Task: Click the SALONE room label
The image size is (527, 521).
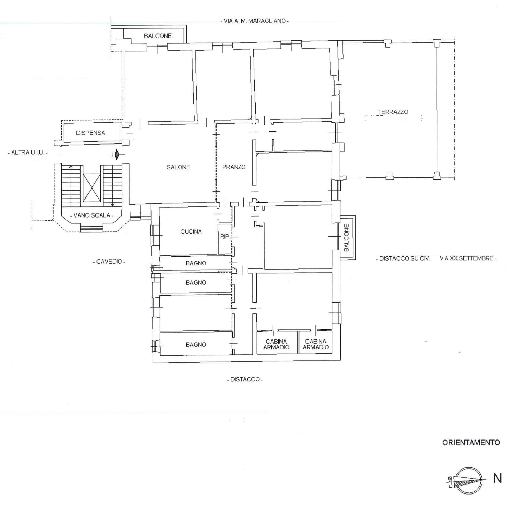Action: pyautogui.click(x=178, y=167)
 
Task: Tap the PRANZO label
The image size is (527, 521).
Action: pyautogui.click(x=233, y=167)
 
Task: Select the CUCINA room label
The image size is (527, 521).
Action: pyautogui.click(x=191, y=232)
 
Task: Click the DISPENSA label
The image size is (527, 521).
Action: pyautogui.click(x=90, y=133)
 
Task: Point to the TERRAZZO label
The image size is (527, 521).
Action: pyautogui.click(x=393, y=112)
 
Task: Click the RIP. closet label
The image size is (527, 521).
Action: pyautogui.click(x=224, y=236)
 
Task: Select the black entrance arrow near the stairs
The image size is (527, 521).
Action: pyautogui.click(x=117, y=155)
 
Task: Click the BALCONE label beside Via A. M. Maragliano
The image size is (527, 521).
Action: pyautogui.click(x=158, y=36)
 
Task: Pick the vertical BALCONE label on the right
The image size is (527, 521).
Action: pyautogui.click(x=346, y=238)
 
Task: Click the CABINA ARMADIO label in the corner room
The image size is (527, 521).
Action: pyautogui.click(x=315, y=344)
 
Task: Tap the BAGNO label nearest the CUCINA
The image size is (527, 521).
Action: pyautogui.click(x=196, y=263)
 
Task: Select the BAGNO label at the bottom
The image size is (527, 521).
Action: pyautogui.click(x=196, y=345)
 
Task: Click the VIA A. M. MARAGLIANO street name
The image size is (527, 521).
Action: pyautogui.click(x=254, y=21)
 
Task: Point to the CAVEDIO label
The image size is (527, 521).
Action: pyautogui.click(x=109, y=262)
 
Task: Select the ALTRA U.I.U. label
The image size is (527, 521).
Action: pyautogui.click(x=27, y=153)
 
